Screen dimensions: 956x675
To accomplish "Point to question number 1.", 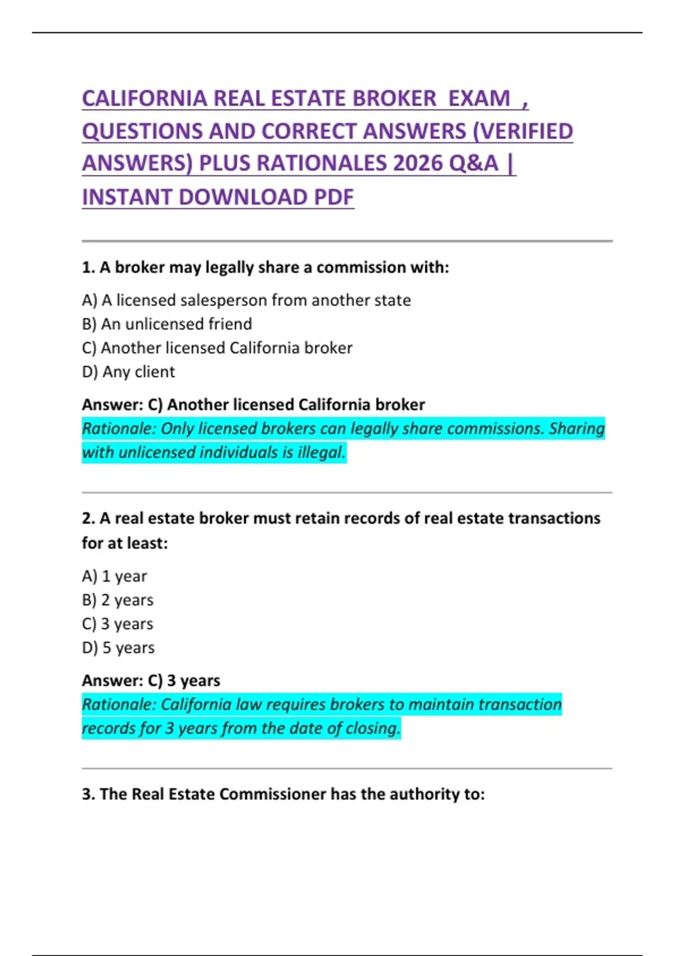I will click(88, 268).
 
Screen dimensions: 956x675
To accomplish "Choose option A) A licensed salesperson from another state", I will click(246, 300).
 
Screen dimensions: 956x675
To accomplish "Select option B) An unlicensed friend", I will click(166, 324).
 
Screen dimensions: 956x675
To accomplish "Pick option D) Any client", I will click(128, 372).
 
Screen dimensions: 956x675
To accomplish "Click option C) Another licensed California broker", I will click(217, 348).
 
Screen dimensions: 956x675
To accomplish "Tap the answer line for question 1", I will click(253, 405).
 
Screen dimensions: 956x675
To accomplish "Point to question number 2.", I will click(88, 518).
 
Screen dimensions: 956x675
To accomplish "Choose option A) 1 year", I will click(114, 576).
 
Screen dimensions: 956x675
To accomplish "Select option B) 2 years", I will click(118, 600).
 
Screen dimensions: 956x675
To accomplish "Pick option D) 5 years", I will click(118, 648).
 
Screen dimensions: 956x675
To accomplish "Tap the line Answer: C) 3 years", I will click(151, 680).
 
